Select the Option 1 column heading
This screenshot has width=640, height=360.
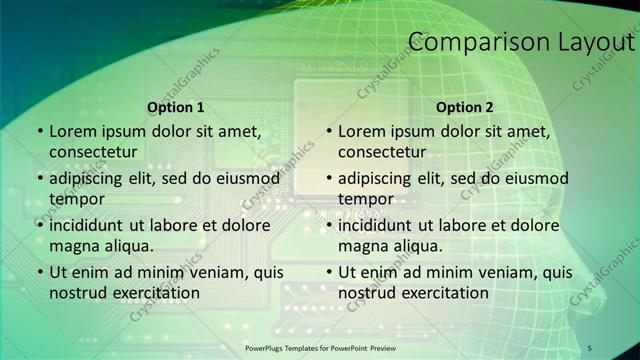176,107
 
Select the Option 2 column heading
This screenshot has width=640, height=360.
465,107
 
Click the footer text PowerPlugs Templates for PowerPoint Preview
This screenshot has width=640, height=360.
320,347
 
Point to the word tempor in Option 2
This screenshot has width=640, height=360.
366,198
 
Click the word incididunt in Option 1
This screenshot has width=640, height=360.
89,225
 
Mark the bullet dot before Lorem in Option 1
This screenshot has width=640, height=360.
39,131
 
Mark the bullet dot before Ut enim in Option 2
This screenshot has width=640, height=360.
328,272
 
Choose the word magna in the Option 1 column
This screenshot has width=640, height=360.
71,245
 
